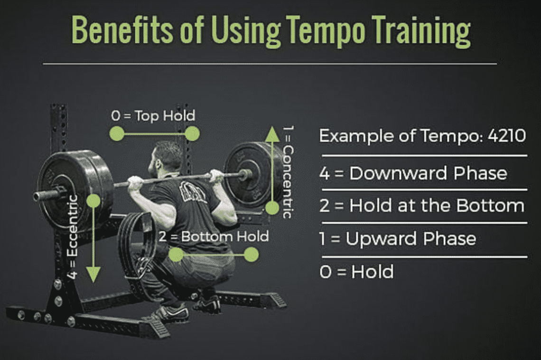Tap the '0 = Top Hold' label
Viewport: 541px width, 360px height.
pyautogui.click(x=153, y=115)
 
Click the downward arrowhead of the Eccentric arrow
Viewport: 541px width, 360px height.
pyautogui.click(x=93, y=274)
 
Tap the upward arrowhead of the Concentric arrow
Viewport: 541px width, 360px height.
pyautogui.click(x=272, y=134)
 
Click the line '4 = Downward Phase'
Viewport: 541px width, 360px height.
pyautogui.click(x=413, y=173)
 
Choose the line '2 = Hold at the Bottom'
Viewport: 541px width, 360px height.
pyautogui.click(x=422, y=206)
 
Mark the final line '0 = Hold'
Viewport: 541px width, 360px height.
pyautogui.click(x=356, y=272)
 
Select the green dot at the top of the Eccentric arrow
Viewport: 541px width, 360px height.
pyautogui.click(x=93, y=201)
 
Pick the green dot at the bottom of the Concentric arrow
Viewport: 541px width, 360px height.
pyautogui.click(x=272, y=208)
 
